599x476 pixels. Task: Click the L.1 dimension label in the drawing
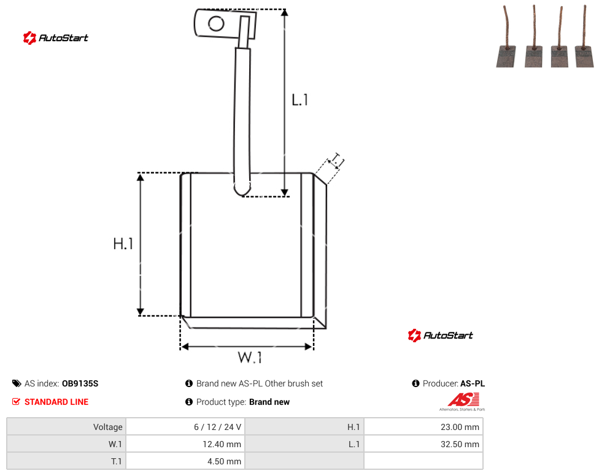(299, 100)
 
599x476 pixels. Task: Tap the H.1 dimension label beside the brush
(123, 244)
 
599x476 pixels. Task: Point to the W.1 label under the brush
(250, 358)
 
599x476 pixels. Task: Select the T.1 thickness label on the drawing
(337, 161)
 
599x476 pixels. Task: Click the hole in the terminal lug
(216, 24)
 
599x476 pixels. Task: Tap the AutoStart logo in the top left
(56, 38)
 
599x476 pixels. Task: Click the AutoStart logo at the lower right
(441, 335)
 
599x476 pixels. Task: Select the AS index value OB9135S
(80, 383)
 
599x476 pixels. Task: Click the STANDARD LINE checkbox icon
(16, 402)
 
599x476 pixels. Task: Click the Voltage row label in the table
(108, 427)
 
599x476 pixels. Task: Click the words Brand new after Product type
(269, 402)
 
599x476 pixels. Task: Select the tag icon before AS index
(17, 383)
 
